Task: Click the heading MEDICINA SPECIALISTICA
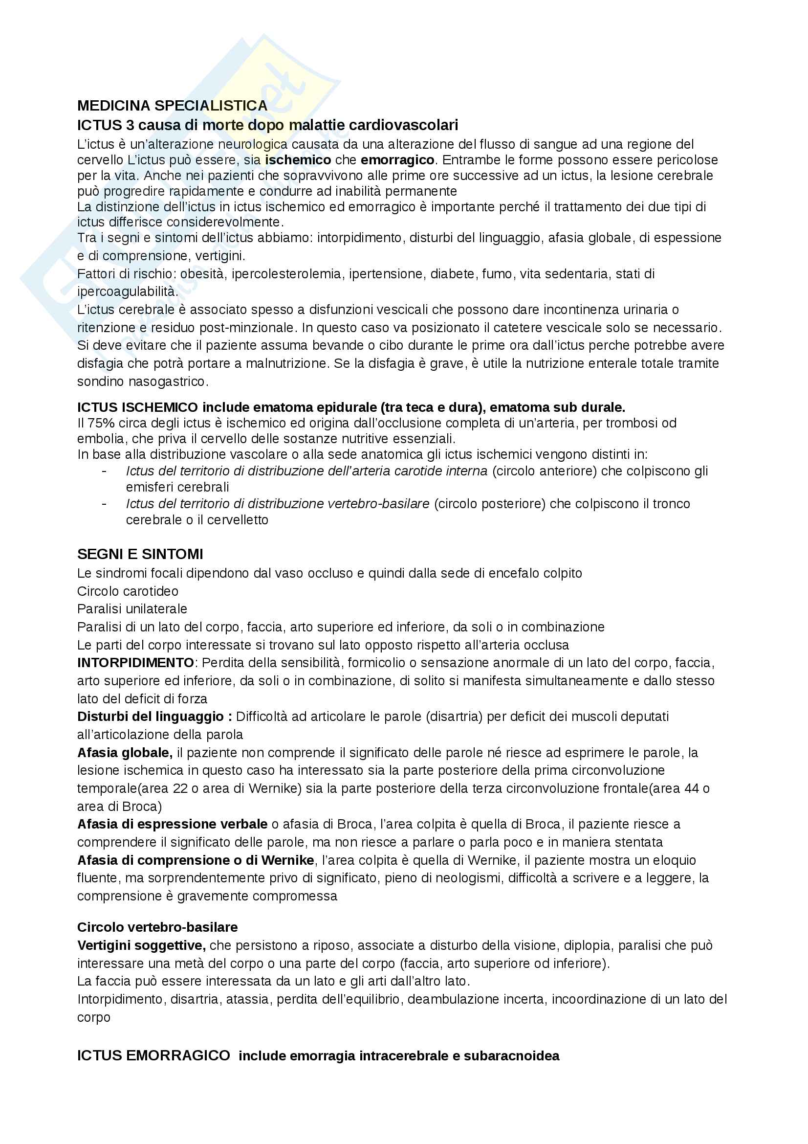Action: pos(172,106)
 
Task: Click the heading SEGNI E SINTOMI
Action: pos(140,554)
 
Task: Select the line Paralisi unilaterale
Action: pos(132,608)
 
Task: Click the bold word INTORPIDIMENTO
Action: pos(135,663)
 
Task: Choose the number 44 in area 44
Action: pos(693,788)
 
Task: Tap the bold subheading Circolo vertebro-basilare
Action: pos(157,927)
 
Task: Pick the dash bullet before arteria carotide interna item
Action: pos(104,471)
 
